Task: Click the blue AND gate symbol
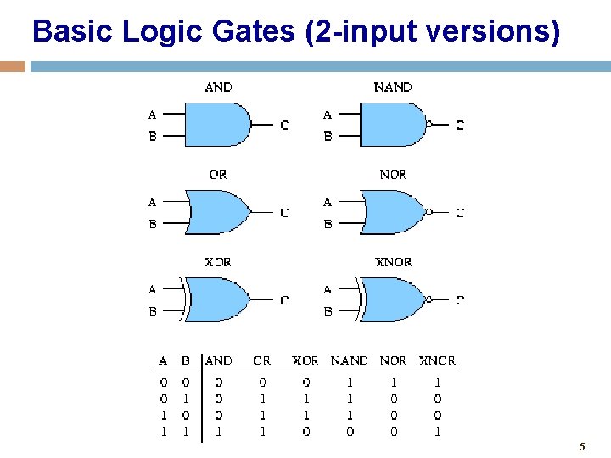point(217,125)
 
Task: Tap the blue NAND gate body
point(393,125)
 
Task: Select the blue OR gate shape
point(219,212)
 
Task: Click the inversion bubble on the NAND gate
point(429,125)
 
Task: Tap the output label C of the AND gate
point(284,126)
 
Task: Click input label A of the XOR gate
point(152,289)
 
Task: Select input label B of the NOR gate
point(328,224)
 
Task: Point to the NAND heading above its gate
point(393,87)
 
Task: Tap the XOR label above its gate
point(217,262)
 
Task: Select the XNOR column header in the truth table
point(438,360)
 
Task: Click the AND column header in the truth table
point(219,360)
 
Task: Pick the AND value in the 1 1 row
point(219,432)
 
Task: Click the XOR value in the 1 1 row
point(305,432)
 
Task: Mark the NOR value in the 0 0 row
point(394,383)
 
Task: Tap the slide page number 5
point(582,446)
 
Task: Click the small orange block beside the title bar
point(12,66)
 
